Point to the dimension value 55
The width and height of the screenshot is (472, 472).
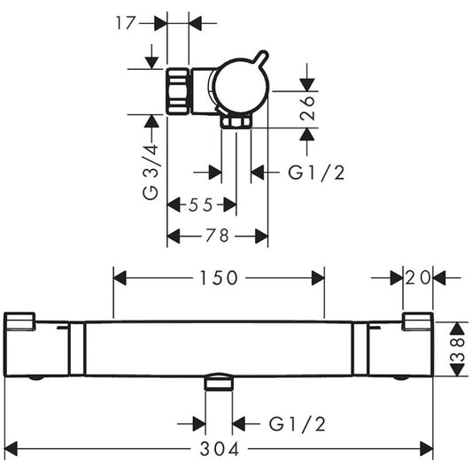pos(201,205)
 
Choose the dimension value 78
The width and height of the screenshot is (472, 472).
pos(217,236)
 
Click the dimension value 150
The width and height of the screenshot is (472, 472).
pos(219,278)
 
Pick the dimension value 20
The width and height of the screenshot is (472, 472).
pos(419,278)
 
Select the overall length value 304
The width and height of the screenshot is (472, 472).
pos(219,448)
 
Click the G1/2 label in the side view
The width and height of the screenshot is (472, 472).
pos(315,173)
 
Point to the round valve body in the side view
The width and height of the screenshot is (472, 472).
pos(240,89)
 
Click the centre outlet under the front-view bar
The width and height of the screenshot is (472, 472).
pos(218,383)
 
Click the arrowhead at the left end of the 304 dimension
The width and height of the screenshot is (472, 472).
pos(11,448)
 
